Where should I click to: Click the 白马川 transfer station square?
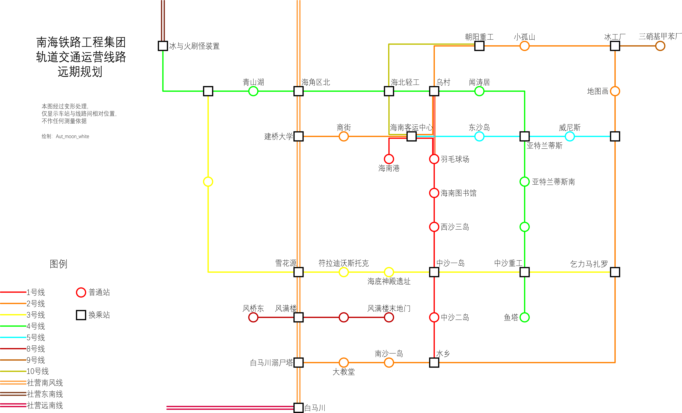click(x=298, y=407)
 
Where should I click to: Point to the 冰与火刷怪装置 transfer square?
click(x=163, y=46)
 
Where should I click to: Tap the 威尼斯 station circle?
click(x=570, y=136)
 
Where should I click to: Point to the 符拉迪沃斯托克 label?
click(x=343, y=263)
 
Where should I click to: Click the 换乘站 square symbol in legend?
click(x=81, y=315)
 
